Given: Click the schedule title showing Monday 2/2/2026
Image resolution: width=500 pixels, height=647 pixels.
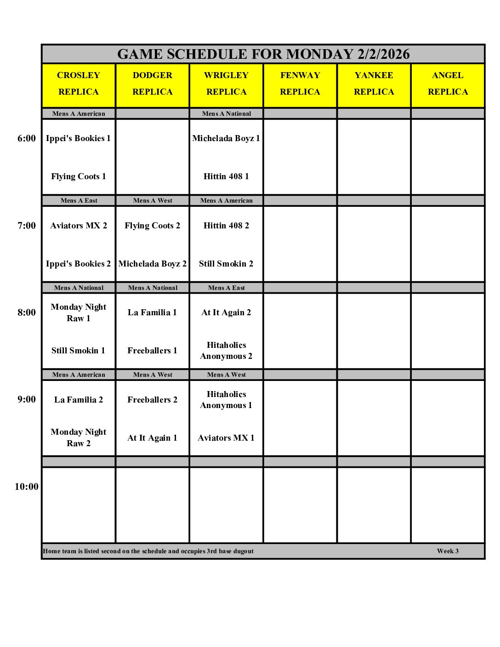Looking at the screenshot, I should tap(263, 54).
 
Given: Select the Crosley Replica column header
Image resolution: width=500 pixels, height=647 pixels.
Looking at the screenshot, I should tap(79, 84).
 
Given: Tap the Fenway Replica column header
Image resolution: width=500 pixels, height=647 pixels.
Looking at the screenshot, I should tap(300, 84).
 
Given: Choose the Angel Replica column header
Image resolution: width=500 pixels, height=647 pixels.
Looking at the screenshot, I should tap(448, 84).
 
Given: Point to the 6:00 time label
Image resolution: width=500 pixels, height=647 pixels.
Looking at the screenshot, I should tap(27, 138).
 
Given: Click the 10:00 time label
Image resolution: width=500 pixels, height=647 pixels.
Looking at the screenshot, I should tap(27, 487).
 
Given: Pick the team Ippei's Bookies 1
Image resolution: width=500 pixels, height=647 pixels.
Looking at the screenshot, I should tap(79, 138).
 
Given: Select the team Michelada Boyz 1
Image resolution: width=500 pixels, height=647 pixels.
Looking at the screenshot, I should tap(226, 138).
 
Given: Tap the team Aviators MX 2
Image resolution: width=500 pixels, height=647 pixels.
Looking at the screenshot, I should tap(79, 226).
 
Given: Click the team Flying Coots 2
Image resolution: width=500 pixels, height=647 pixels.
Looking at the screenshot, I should tap(153, 226).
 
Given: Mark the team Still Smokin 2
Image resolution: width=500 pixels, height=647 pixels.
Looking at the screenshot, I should tap(226, 264).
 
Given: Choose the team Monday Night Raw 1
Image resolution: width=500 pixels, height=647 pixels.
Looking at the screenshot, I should tap(79, 312).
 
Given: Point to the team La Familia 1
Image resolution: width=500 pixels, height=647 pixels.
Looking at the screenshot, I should tap(153, 312).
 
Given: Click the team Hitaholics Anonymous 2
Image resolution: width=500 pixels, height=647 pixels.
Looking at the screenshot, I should tap(226, 351).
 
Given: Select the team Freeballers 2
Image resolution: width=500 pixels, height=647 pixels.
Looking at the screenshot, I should tap(153, 400).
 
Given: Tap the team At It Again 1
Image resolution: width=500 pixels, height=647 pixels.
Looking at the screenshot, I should tap(153, 438).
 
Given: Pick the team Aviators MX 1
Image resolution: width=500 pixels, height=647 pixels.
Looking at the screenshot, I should tap(226, 438).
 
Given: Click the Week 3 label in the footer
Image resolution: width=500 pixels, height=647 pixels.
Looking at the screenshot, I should tap(448, 551).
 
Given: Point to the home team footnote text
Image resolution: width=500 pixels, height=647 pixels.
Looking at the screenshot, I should tap(148, 551).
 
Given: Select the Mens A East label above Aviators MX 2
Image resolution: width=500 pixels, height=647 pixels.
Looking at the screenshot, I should tap(79, 200).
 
